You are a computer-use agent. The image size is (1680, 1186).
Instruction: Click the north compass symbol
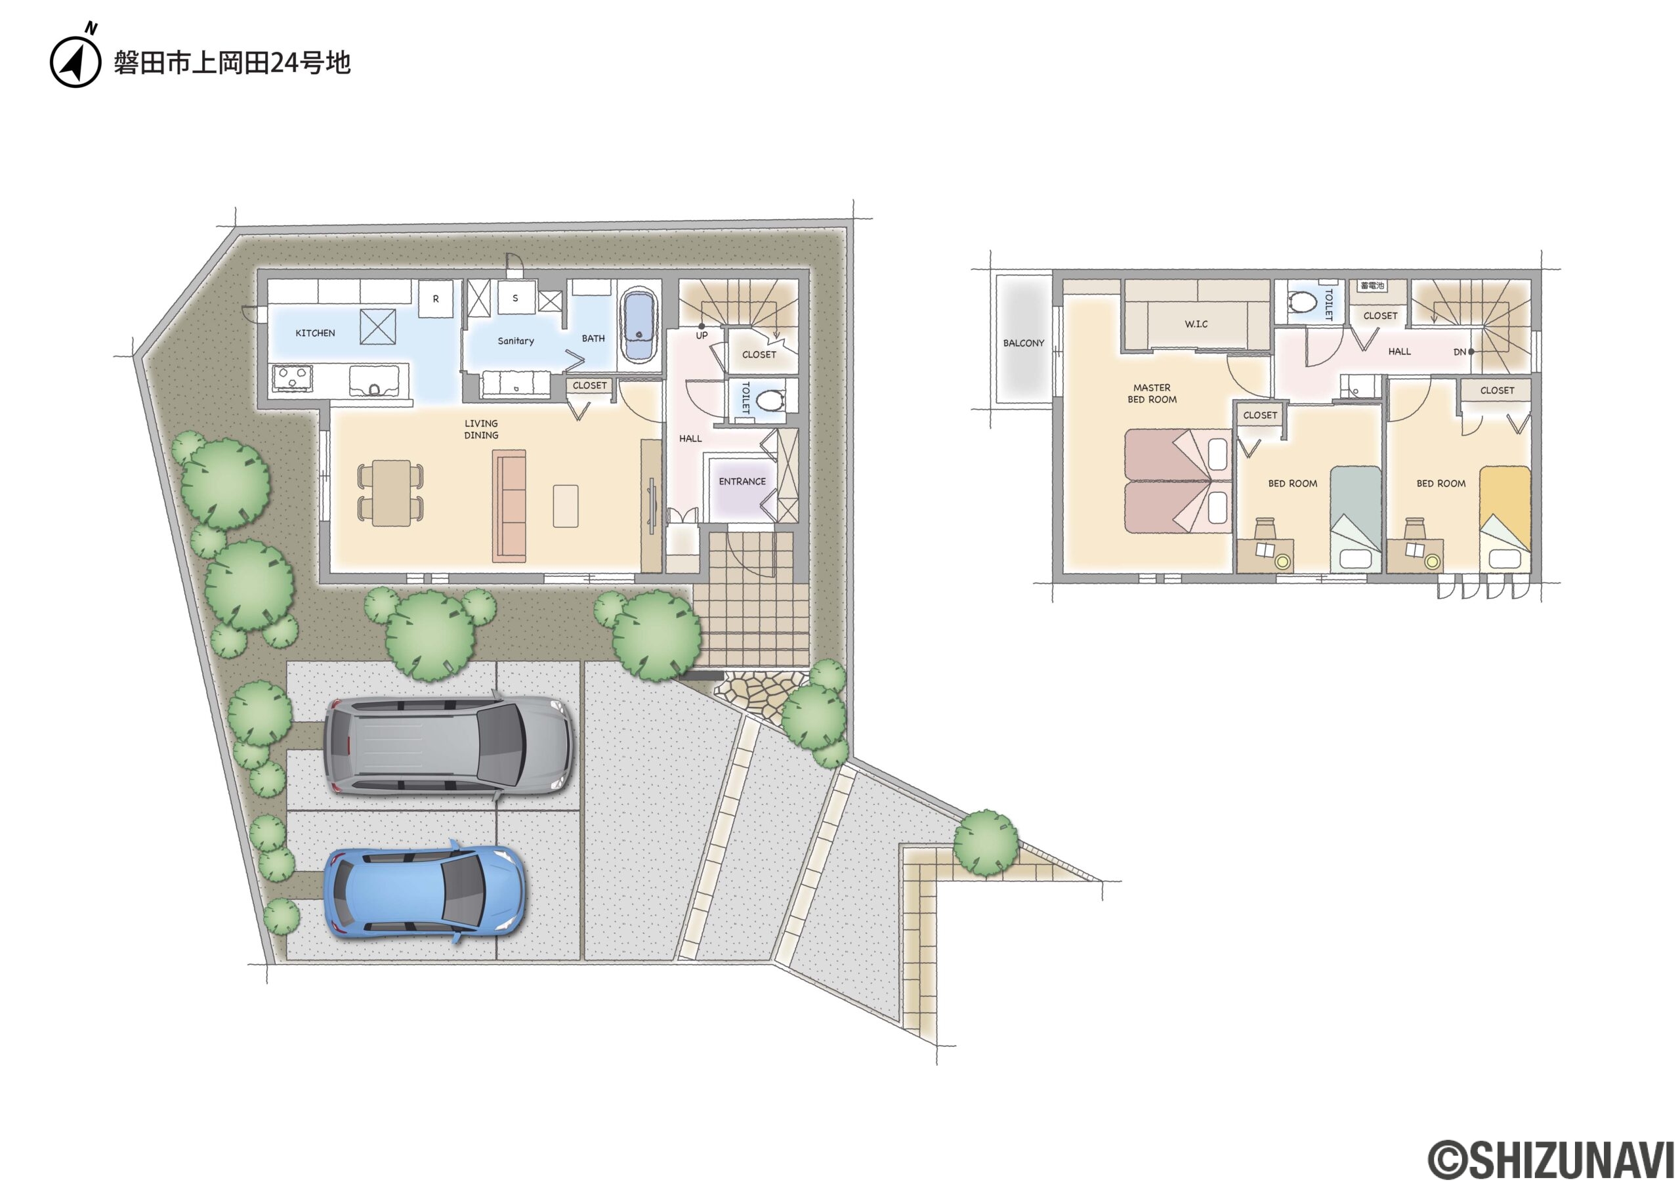[x=75, y=58]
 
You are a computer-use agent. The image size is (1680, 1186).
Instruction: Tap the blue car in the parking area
[x=425, y=891]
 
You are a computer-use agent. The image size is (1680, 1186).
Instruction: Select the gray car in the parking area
[x=448, y=746]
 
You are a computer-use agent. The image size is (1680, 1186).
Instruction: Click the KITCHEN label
[x=316, y=333]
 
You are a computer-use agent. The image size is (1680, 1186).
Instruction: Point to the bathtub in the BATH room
[x=639, y=326]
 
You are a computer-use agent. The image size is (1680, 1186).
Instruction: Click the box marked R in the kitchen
[x=435, y=299]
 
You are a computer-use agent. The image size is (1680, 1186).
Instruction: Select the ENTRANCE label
[x=742, y=482]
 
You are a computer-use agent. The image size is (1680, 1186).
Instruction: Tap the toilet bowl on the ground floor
[x=770, y=401]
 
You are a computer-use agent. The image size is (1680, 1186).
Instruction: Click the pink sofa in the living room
[x=509, y=506]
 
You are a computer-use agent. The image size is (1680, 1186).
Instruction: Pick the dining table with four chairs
[x=390, y=492]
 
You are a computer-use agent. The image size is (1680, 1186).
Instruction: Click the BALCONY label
[x=1024, y=343]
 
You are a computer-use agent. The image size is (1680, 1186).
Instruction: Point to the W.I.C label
[x=1196, y=324]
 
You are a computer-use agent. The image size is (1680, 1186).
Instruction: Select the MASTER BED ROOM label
[x=1152, y=394]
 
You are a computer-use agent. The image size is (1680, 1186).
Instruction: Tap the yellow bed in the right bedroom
[x=1505, y=519]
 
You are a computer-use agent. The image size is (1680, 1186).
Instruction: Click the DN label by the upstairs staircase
[x=1459, y=352]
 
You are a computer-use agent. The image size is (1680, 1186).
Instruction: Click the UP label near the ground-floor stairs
[x=702, y=336]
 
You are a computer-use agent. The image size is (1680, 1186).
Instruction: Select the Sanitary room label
[x=516, y=341]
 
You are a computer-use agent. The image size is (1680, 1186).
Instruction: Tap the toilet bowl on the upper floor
[x=1303, y=301]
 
